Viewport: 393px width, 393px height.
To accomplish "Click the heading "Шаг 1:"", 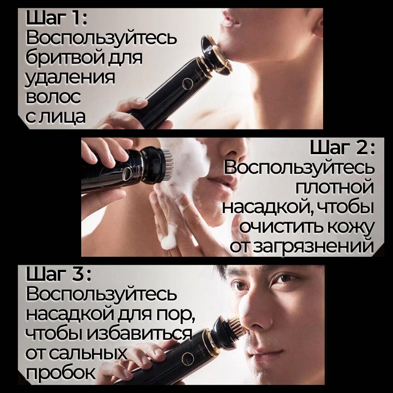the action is point(57,18).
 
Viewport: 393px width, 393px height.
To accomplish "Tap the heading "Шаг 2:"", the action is point(342,148).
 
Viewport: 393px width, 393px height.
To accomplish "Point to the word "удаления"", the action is point(70,78).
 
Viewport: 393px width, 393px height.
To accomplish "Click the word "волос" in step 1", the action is point(53,97).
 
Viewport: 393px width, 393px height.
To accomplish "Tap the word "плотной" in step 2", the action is point(334,188).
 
